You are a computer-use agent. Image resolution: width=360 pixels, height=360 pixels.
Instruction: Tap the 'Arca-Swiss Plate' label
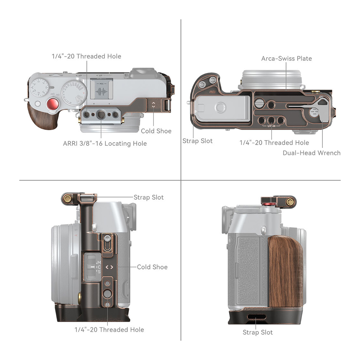(286, 58)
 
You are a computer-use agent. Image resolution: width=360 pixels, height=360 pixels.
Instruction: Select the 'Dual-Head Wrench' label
(312, 153)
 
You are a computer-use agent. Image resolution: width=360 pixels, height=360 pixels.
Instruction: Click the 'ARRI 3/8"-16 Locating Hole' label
(105, 144)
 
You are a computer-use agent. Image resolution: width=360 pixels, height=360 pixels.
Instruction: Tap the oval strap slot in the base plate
(257, 317)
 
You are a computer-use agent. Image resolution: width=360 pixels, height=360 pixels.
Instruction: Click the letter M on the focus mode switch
(99, 262)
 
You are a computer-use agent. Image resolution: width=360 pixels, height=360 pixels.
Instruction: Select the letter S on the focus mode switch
(99, 272)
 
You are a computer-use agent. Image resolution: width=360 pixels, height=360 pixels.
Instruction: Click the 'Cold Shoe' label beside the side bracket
(152, 267)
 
